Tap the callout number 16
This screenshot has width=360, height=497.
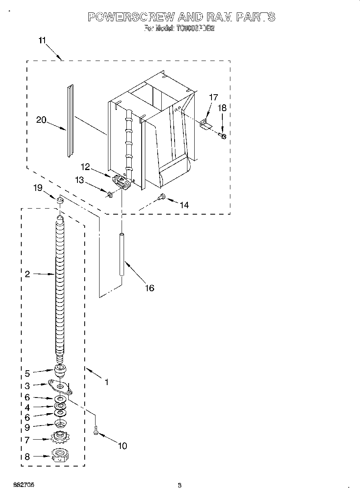pos(149,288)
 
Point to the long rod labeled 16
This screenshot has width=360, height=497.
pos(122,254)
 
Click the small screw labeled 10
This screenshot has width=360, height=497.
pos(96,431)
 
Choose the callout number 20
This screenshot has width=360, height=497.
pos(41,120)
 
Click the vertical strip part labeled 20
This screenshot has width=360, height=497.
pos(70,120)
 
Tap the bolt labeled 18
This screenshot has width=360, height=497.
pos(223,136)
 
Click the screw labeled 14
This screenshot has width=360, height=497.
pos(162,196)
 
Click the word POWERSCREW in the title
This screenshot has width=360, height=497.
pos(131,17)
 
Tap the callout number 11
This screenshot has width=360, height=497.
pos(42,40)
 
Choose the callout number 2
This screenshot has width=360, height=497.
pos(27,274)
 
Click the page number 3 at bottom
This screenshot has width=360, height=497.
pos(179,486)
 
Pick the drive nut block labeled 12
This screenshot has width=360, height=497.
pos(122,183)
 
